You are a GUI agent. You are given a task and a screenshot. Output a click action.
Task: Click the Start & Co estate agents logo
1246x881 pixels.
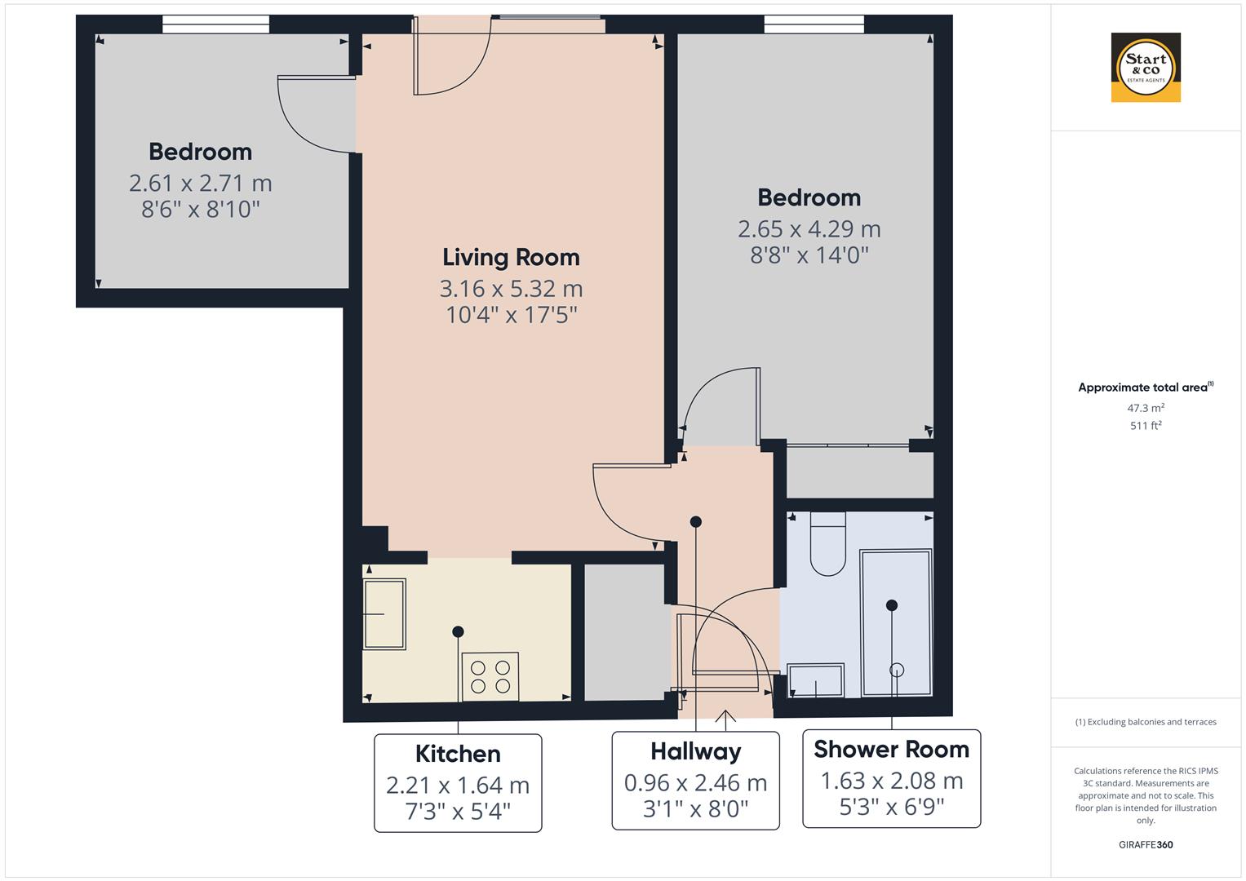[1146, 68]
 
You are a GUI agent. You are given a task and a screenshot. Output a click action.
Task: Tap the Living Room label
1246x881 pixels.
[511, 257]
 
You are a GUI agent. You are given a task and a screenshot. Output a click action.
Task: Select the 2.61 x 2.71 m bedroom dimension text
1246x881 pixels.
[201, 183]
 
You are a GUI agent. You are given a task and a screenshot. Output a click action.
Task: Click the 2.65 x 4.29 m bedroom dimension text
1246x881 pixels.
[809, 228]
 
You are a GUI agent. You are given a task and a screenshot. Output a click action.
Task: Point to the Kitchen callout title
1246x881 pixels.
[458, 753]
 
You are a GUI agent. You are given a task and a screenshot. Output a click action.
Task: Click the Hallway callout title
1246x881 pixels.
[695, 750]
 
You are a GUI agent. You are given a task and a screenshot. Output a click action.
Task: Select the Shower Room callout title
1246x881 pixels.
[891, 749]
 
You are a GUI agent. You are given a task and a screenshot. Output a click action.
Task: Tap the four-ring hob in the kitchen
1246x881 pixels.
[490, 676]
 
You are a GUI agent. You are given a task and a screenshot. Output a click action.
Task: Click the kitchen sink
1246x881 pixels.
[384, 613]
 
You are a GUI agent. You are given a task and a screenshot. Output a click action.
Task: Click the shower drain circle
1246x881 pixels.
[897, 670]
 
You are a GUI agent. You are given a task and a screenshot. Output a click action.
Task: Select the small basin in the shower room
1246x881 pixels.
[816, 680]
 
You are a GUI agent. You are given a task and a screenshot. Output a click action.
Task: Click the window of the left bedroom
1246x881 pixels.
[215, 25]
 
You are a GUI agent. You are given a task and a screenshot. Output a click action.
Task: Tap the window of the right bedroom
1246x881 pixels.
[814, 25]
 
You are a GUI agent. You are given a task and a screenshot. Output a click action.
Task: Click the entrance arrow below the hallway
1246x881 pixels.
[725, 716]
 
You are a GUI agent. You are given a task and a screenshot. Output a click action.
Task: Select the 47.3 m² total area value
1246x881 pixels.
[1145, 408]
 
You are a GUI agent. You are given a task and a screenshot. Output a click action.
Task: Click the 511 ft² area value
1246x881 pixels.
[1145, 425]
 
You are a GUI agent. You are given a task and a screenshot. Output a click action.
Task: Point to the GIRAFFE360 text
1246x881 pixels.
[1145, 844]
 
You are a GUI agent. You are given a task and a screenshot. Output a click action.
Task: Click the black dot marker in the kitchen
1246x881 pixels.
[458, 631]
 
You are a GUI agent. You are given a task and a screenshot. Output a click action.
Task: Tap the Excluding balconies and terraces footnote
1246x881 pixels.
[1145, 722]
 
